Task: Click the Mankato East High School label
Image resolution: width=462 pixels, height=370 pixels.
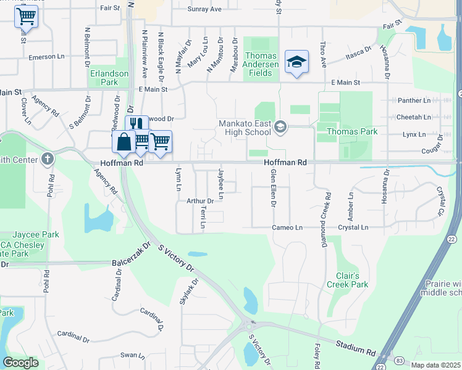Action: (x=245, y=127)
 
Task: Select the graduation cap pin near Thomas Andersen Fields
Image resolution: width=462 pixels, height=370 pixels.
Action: (x=296, y=62)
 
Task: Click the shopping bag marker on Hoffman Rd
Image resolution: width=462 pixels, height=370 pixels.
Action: (x=124, y=142)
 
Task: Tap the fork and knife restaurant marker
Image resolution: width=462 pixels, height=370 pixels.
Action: (x=137, y=125)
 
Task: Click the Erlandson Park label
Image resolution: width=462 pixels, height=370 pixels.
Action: (x=109, y=77)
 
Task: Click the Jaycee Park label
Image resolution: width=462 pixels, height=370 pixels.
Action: (x=38, y=235)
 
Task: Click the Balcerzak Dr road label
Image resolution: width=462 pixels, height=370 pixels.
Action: (x=132, y=263)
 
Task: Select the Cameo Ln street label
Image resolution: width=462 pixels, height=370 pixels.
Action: (x=287, y=228)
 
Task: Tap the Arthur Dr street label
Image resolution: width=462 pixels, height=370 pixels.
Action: (x=199, y=201)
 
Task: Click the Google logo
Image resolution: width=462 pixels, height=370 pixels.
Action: (x=20, y=363)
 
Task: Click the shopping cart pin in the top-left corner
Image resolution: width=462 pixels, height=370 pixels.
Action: (x=26, y=15)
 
